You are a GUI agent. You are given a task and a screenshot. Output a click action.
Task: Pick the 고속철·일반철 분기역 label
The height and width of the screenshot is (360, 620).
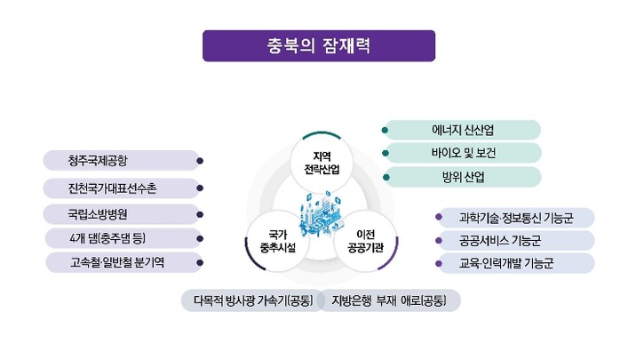(121, 263)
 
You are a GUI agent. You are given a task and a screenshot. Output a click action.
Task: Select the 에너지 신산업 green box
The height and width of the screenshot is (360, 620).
(462, 130)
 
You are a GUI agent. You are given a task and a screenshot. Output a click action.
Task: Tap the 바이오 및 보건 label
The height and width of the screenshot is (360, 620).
(462, 153)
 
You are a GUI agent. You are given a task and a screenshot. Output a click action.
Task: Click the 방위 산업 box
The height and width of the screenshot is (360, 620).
(462, 176)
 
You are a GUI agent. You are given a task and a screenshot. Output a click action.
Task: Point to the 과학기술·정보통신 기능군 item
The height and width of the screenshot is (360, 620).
(515, 217)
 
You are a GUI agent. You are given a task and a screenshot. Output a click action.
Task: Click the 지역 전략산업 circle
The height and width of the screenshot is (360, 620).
(316, 163)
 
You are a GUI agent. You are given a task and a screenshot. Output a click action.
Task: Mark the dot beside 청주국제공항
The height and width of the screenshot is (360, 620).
(201, 162)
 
